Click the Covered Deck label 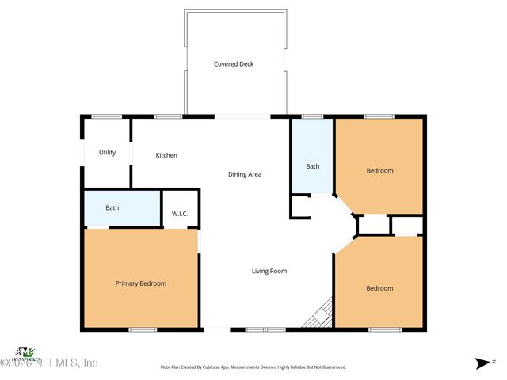[234, 64]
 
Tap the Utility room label [108, 153]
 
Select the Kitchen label [166, 155]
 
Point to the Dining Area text [245, 174]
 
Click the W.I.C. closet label [180, 214]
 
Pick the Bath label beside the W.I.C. [112, 208]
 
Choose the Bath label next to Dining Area [313, 166]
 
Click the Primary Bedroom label [141, 283]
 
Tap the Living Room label [269, 271]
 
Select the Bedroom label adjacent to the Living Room [379, 288]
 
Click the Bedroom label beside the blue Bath [379, 170]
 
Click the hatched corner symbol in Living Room [320, 313]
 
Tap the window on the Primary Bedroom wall [143, 329]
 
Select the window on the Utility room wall [106, 117]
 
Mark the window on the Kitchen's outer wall [168, 117]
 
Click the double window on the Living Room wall [265, 329]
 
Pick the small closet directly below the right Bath [300, 206]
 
